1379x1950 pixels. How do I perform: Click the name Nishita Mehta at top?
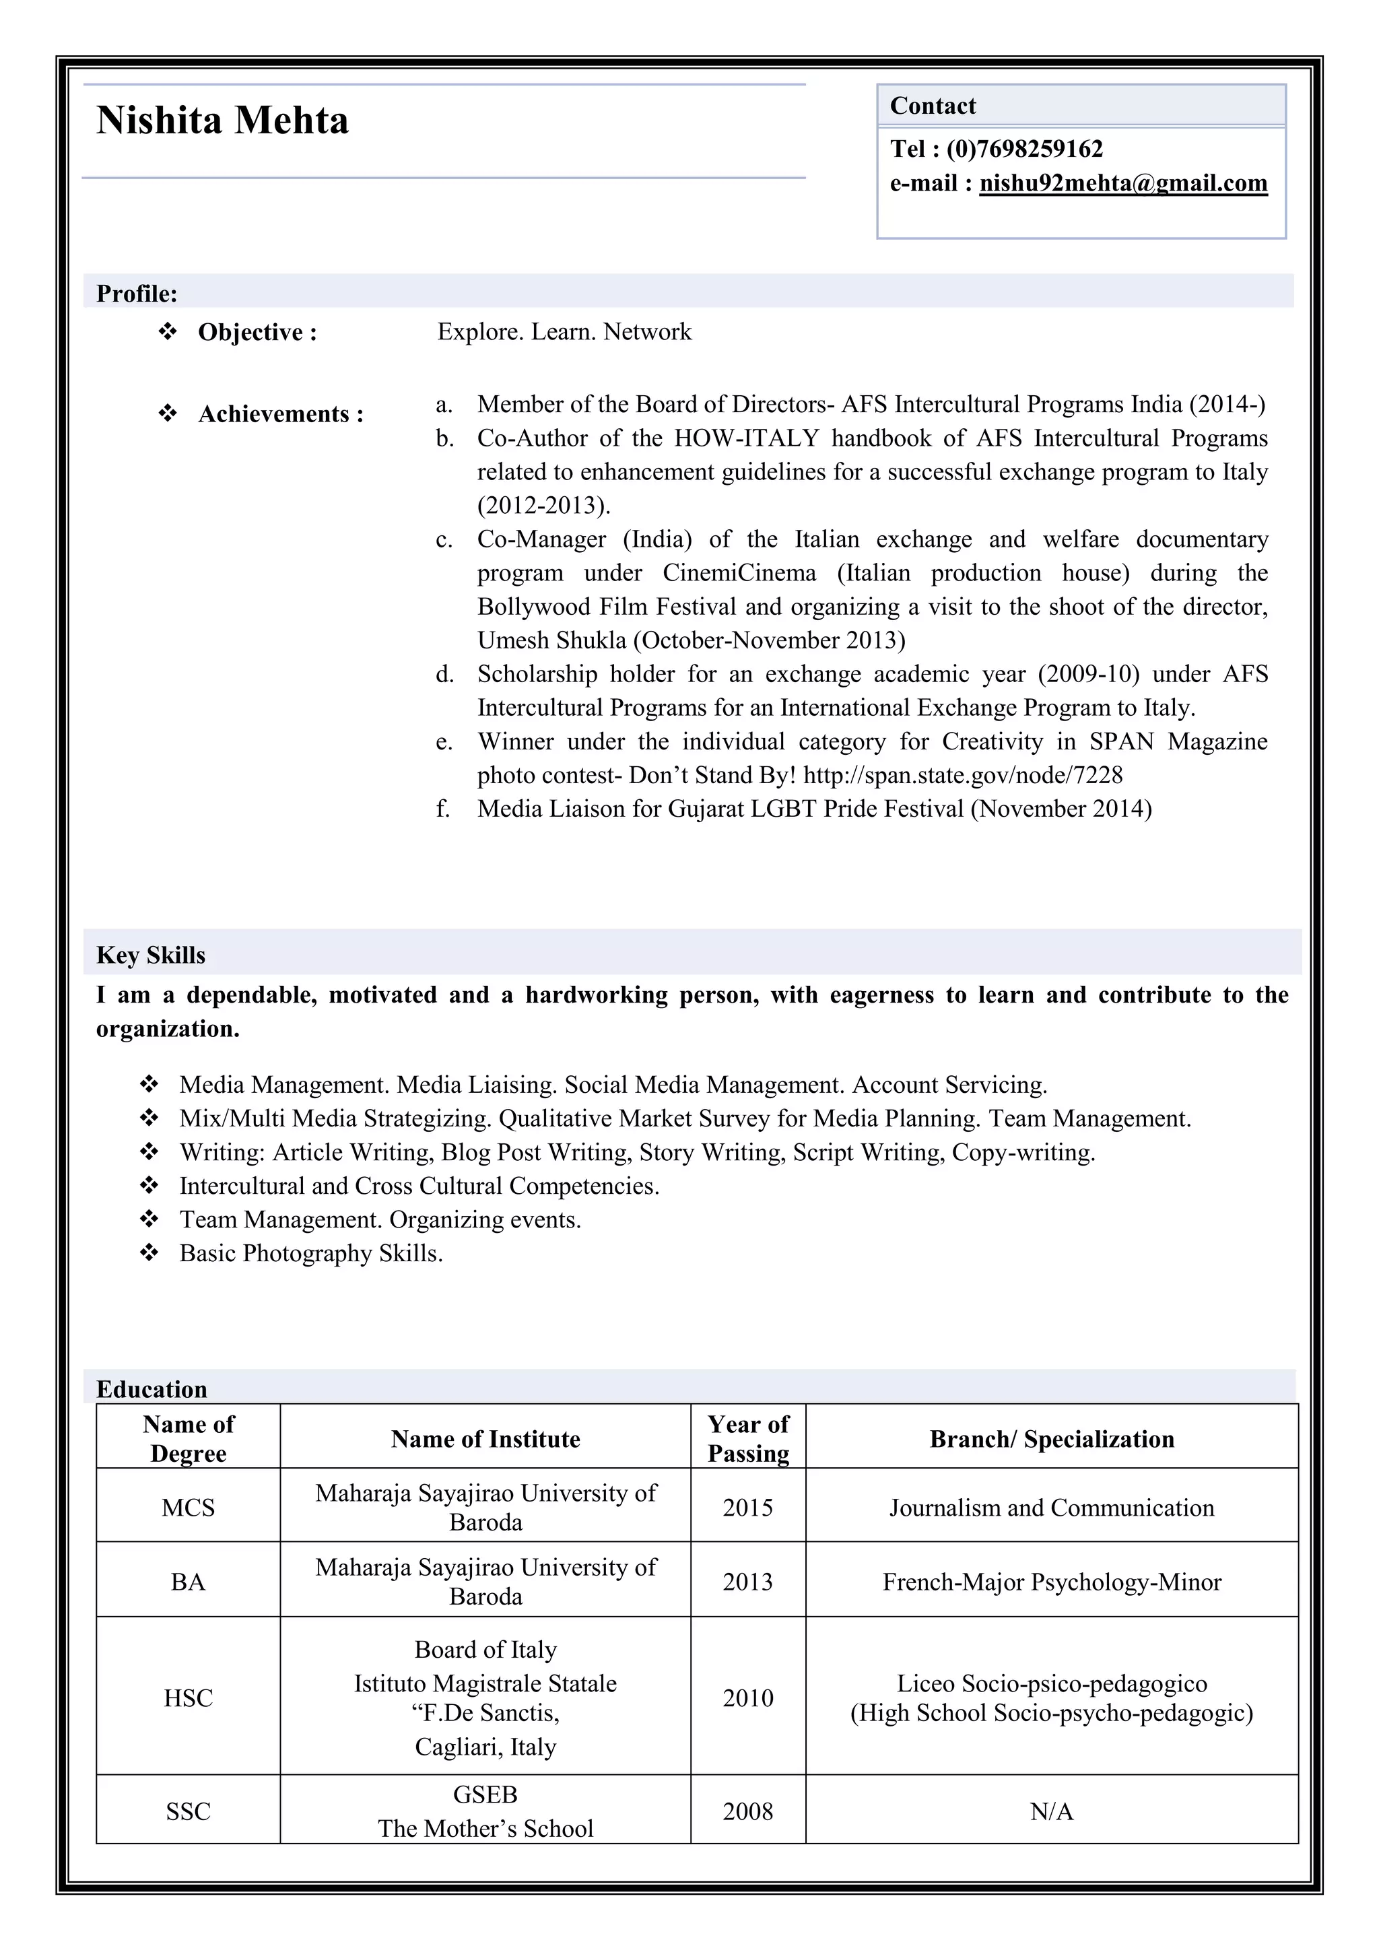point(222,121)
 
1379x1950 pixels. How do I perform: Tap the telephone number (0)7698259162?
point(1024,149)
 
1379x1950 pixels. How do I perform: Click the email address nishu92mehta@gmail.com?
point(1122,183)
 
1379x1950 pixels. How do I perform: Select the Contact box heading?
point(933,106)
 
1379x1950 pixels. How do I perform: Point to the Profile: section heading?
point(137,294)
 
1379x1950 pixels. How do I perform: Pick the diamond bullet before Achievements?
point(167,413)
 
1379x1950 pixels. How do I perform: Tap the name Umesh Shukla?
point(552,640)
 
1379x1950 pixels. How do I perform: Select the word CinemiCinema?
point(739,572)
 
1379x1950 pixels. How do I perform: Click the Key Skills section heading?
point(151,955)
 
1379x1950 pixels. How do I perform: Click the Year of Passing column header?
point(747,1439)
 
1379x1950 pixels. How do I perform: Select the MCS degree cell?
point(188,1508)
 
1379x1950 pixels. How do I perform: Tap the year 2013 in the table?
point(747,1582)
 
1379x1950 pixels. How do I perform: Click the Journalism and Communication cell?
point(1051,1508)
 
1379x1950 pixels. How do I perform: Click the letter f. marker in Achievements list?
point(442,809)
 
